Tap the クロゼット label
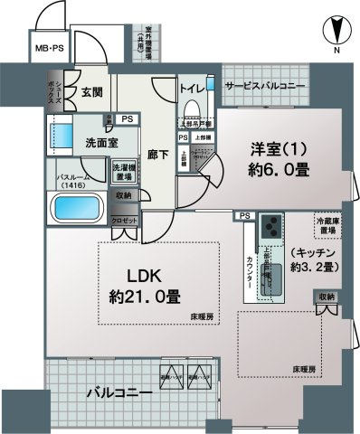126,221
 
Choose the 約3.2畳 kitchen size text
313,269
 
